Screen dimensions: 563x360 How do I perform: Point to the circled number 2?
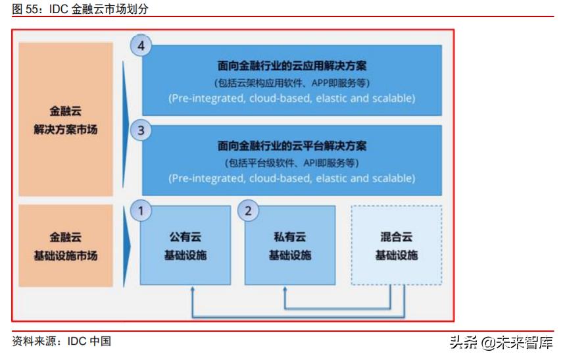coord(248,211)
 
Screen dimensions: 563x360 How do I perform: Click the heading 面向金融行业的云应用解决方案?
coord(292,66)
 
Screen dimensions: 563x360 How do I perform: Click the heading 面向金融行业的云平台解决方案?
coord(292,146)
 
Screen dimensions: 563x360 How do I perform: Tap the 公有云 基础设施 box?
coord(185,245)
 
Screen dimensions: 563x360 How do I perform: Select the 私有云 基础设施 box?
coord(290,245)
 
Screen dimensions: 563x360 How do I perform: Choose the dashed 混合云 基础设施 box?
coord(396,245)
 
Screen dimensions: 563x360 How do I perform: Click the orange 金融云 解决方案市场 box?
coord(65,119)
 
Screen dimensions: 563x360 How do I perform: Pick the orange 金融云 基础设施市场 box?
coord(65,245)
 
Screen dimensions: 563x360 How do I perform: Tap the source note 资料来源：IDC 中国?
coord(61,341)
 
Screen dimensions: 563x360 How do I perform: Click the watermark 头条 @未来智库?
coord(501,342)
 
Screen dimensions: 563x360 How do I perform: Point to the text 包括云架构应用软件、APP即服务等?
coord(292,83)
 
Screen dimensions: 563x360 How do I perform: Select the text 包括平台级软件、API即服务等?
coord(292,163)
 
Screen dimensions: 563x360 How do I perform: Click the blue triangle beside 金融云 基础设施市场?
coord(126,245)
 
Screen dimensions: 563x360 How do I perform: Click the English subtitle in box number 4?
coord(292,98)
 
